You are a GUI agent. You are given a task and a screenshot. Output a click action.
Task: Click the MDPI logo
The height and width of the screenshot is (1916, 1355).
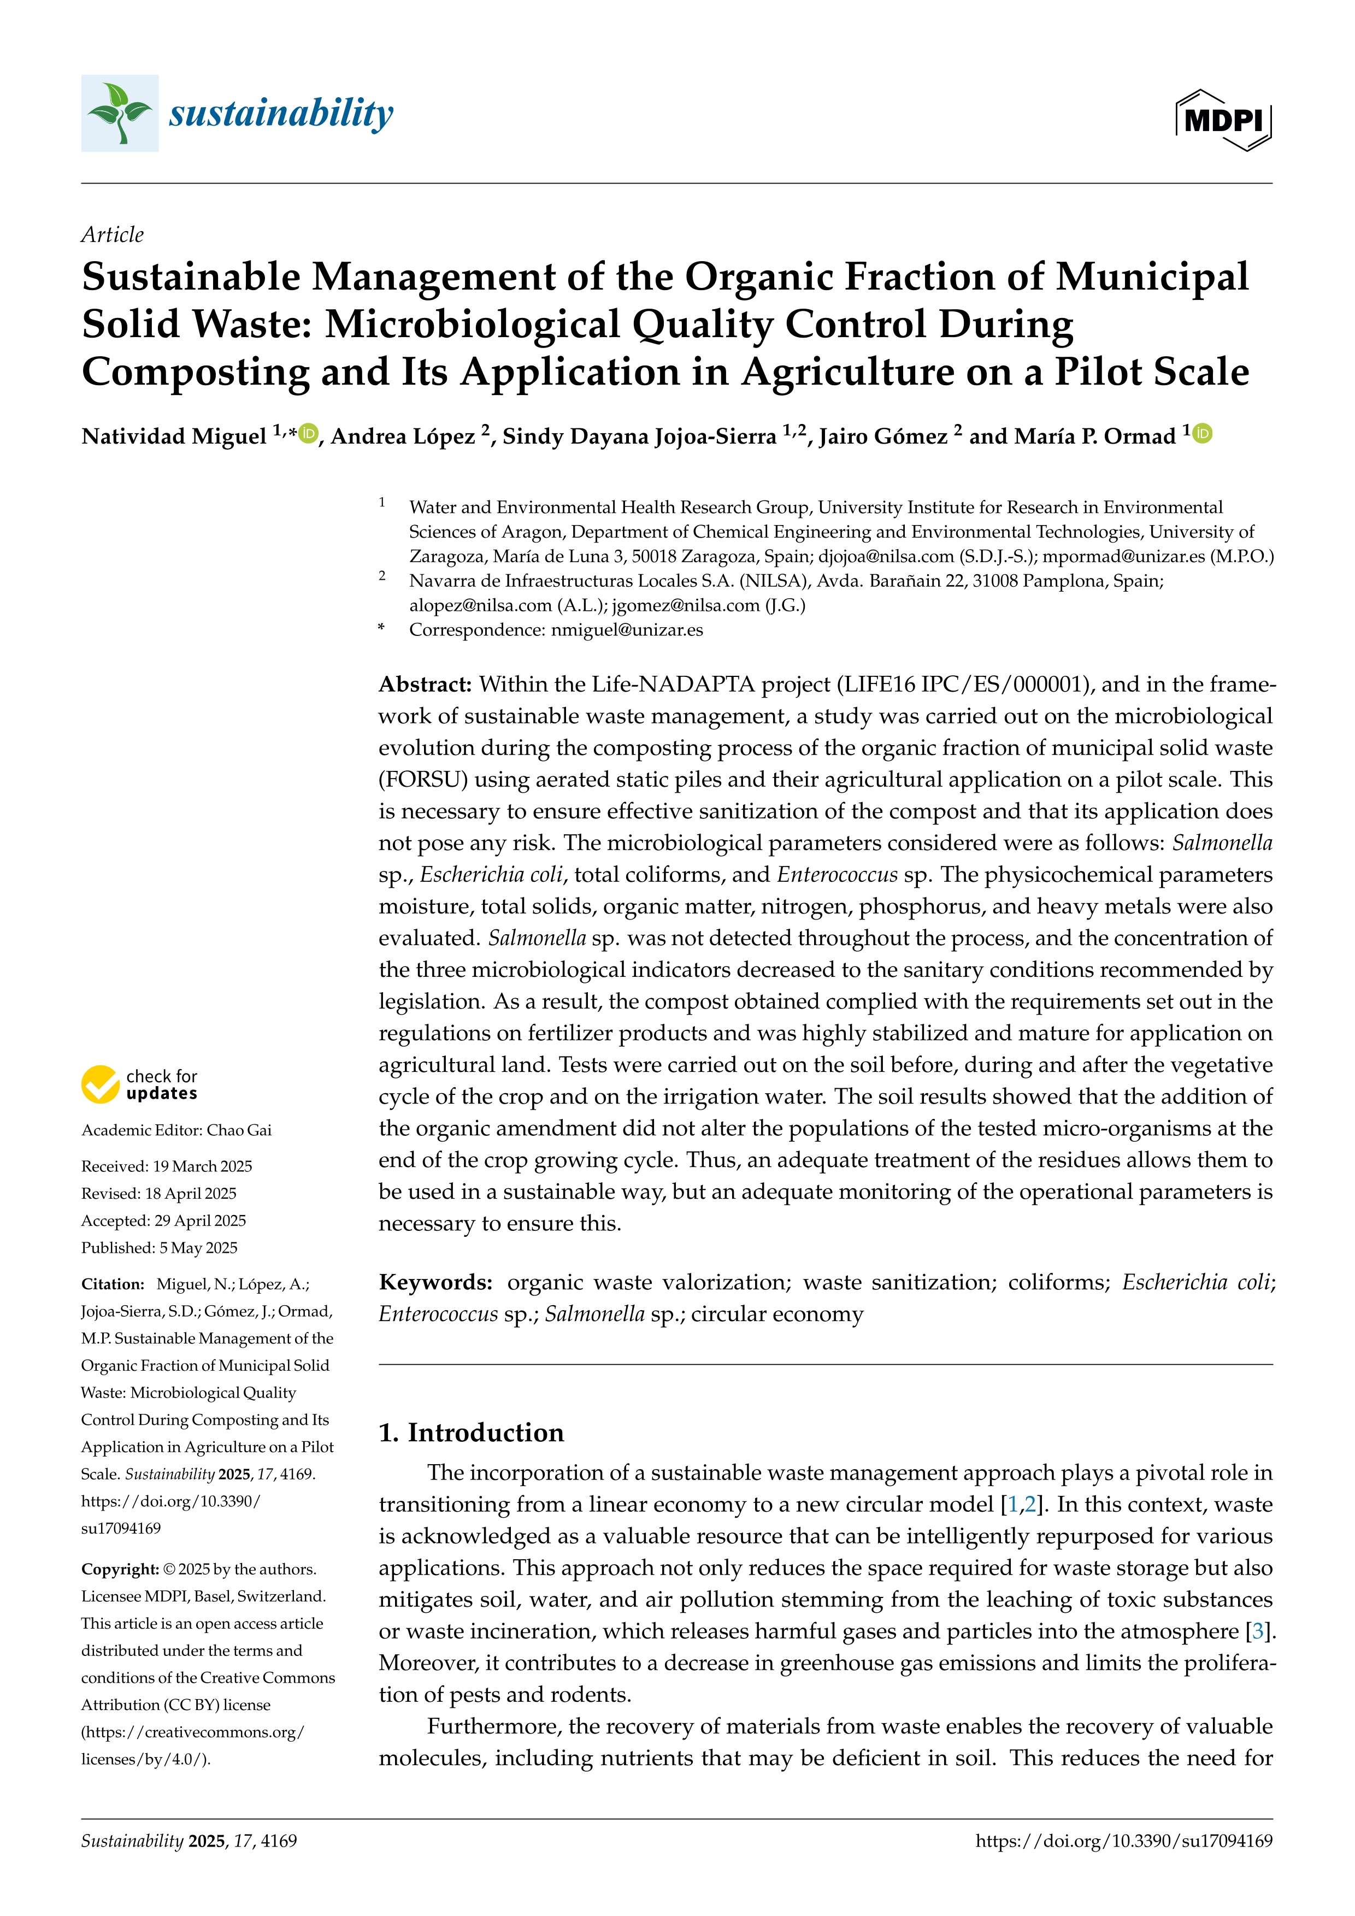(x=1223, y=120)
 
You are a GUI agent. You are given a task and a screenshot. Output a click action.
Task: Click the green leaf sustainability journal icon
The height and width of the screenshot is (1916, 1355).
(x=119, y=113)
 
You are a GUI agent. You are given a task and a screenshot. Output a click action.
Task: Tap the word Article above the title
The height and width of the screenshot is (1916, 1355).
(x=112, y=234)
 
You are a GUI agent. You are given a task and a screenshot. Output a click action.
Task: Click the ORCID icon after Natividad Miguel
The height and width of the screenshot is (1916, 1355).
(x=309, y=433)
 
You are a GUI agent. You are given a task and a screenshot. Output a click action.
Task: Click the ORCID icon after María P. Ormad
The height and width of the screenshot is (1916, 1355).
(x=1203, y=433)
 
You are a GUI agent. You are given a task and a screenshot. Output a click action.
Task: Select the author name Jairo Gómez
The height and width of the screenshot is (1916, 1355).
(x=883, y=437)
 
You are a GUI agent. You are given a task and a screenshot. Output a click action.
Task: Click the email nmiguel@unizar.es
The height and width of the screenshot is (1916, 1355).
(x=627, y=630)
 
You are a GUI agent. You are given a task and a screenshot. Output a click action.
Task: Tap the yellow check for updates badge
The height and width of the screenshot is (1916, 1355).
(x=139, y=1084)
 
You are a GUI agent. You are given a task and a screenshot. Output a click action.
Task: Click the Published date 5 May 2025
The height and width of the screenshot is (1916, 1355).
(x=198, y=1248)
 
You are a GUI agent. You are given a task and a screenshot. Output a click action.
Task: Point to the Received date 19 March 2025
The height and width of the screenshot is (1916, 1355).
(x=203, y=1166)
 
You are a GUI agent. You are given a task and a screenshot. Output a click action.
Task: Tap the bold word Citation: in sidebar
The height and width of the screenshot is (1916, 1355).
(x=114, y=1284)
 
